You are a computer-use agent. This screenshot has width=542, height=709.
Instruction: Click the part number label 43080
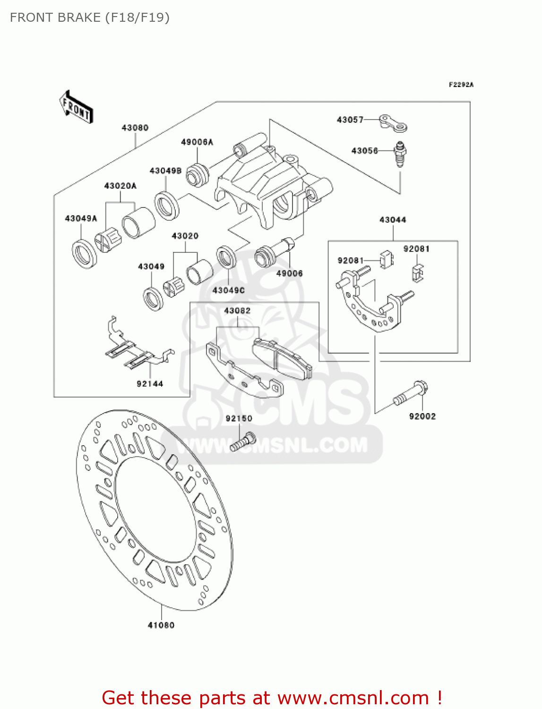click(135, 128)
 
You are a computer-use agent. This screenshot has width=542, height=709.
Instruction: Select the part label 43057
click(350, 120)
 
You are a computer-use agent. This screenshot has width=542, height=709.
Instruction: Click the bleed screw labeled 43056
click(400, 155)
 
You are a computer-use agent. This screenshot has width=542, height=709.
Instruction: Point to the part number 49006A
click(197, 142)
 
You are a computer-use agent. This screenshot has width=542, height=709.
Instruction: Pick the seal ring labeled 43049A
click(85, 254)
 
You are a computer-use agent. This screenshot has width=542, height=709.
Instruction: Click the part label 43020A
click(120, 186)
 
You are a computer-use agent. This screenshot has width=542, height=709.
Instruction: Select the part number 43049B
click(165, 171)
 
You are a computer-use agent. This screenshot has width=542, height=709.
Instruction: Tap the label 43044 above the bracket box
click(393, 220)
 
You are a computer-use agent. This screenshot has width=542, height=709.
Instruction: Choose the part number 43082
click(237, 311)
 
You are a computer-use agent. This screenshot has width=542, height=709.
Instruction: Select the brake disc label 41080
click(161, 625)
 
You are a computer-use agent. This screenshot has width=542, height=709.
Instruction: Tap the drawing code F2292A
click(461, 85)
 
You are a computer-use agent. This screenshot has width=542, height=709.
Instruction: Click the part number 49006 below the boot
click(289, 273)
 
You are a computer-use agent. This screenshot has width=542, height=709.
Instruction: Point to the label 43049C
click(229, 290)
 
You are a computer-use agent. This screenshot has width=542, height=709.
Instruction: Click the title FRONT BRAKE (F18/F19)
click(90, 17)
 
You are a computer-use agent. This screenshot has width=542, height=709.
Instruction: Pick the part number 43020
click(185, 236)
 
